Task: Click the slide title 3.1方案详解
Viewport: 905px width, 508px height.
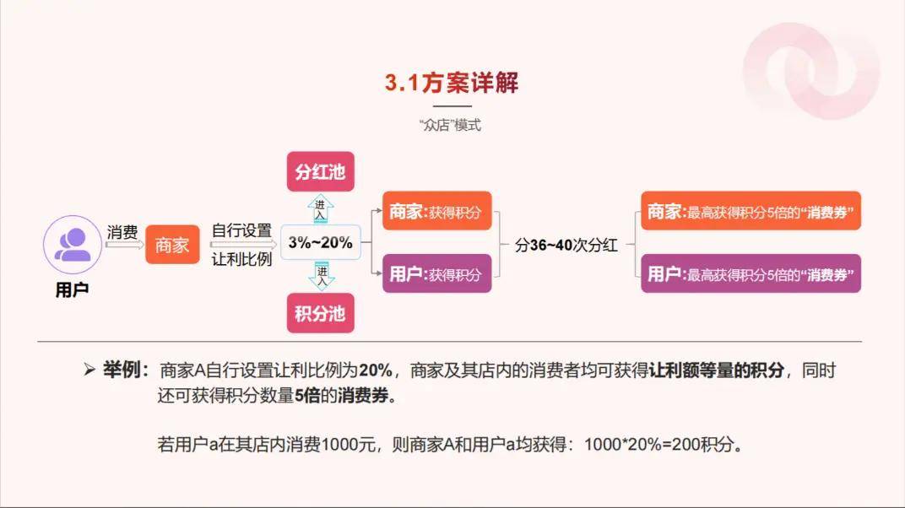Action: (x=452, y=83)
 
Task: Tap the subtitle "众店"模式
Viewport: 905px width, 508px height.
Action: (x=450, y=125)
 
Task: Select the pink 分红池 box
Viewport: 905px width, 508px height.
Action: (x=320, y=171)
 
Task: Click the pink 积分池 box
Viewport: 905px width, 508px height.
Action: (x=320, y=313)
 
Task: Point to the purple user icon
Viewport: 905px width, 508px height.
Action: (x=72, y=245)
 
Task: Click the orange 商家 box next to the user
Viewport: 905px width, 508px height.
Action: (x=172, y=245)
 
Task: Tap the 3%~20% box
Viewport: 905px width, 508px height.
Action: (x=320, y=242)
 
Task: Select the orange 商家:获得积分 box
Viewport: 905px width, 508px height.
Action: (x=437, y=211)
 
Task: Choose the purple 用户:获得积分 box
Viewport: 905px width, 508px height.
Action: (x=437, y=273)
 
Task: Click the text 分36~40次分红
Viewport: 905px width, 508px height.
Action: (x=566, y=245)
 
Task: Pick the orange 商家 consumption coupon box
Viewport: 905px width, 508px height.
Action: (x=751, y=211)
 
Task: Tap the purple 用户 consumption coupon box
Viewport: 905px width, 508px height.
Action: (x=751, y=273)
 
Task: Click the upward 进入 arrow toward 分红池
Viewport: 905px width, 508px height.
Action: (x=320, y=208)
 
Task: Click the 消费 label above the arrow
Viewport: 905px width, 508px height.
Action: (x=122, y=232)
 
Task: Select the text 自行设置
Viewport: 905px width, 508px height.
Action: (x=241, y=230)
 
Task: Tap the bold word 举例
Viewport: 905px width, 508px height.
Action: (x=122, y=370)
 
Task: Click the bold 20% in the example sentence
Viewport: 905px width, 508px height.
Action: (x=376, y=370)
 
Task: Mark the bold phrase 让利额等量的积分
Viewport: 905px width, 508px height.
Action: (x=716, y=370)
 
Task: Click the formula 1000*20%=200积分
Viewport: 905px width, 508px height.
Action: (x=659, y=445)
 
